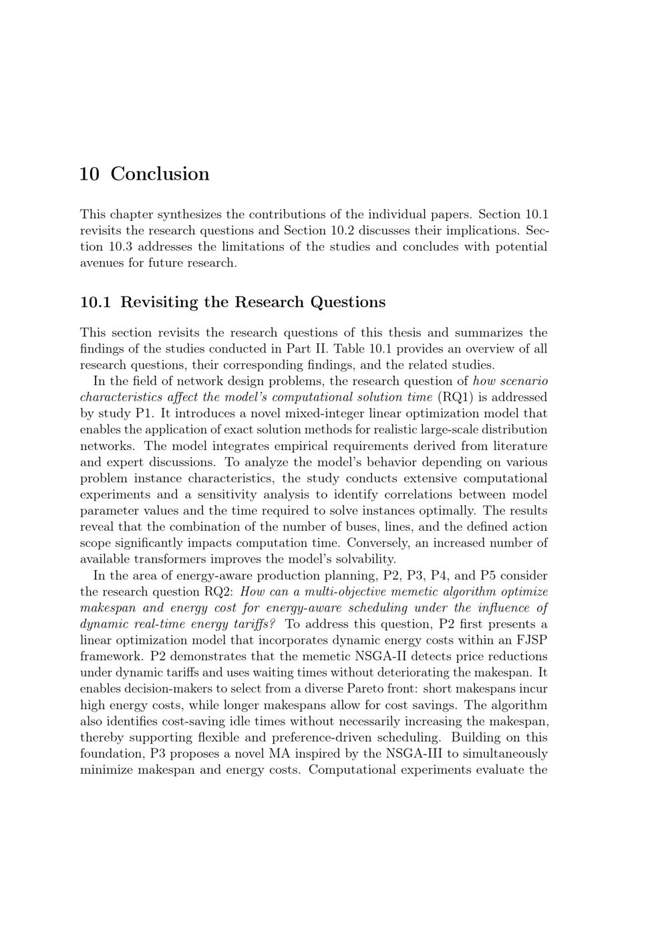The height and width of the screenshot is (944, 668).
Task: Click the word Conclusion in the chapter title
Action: point(160,174)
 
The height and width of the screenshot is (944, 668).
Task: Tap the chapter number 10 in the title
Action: point(90,174)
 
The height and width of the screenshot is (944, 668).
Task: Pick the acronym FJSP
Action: point(531,640)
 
